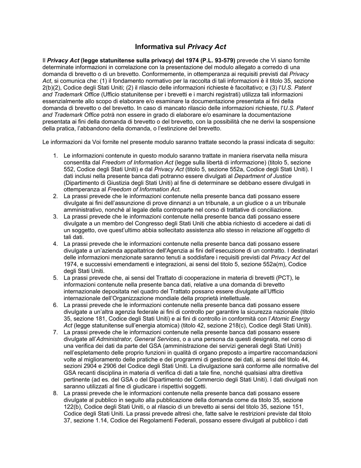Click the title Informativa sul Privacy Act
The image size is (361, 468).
click(180, 47)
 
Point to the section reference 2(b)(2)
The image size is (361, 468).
click(53, 88)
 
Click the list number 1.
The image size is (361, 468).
click(55, 156)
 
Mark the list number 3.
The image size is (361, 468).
click(55, 217)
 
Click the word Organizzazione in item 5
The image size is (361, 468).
click(137, 298)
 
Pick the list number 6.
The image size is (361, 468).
click(55, 305)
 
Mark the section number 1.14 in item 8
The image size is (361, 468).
click(103, 420)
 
